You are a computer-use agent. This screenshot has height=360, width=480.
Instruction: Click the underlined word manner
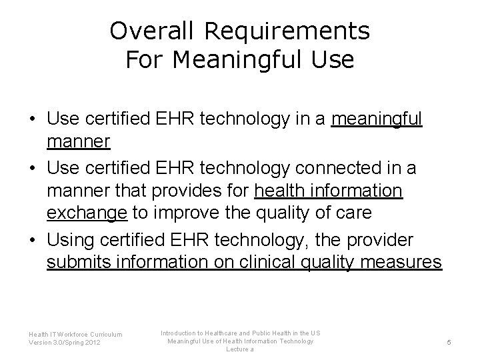tap(78, 143)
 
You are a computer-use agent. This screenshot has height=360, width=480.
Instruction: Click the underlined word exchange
tap(87, 215)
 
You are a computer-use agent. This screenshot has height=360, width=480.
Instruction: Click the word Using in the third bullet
tap(71, 239)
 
